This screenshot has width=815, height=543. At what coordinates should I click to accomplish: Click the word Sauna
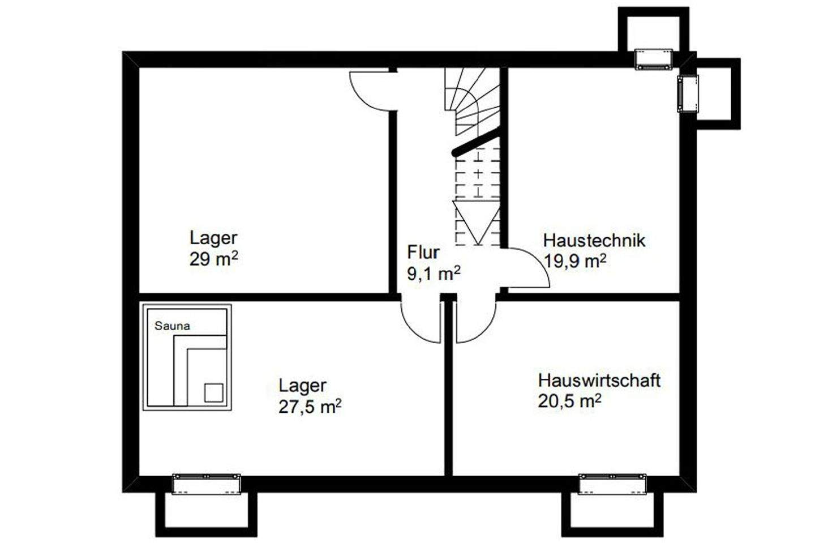coord(172,326)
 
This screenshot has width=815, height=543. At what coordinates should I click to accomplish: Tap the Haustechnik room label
coord(594,240)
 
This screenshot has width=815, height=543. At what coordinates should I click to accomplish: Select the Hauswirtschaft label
coord(599,380)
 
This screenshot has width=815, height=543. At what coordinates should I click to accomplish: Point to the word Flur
coord(423,252)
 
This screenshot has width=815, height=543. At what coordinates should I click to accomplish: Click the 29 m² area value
coord(213,259)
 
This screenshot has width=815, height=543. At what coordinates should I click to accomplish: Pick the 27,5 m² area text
coord(310,407)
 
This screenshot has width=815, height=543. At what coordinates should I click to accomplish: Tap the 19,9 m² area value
coord(576,261)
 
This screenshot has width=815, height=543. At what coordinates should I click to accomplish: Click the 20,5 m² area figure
coord(569,401)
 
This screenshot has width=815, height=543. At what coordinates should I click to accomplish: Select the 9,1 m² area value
coord(434,273)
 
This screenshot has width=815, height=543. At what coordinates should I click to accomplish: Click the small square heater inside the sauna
coord(213,392)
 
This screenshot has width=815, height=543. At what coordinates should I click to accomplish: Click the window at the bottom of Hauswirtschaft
coord(612,484)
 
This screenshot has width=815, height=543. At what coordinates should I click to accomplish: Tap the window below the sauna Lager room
coord(206,484)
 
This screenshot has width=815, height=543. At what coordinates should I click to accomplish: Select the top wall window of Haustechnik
coord(653,59)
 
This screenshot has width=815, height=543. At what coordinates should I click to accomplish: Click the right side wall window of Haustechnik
coord(688,93)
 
